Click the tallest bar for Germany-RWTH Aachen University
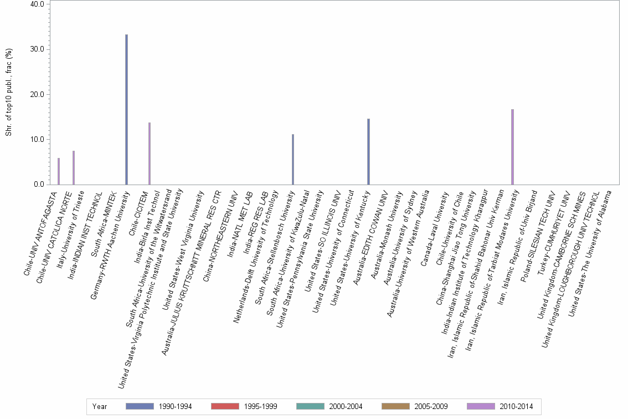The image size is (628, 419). [126, 109]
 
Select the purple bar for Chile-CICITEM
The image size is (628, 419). [150, 154]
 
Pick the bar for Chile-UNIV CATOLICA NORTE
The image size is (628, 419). [74, 167]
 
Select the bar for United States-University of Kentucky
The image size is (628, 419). [368, 151]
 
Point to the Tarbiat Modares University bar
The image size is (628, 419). [512, 147]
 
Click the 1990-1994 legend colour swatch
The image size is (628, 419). [139, 406]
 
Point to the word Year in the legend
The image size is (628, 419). [100, 406]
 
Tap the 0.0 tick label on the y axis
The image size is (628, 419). [40, 185]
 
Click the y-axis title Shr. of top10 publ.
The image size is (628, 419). [9, 93]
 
